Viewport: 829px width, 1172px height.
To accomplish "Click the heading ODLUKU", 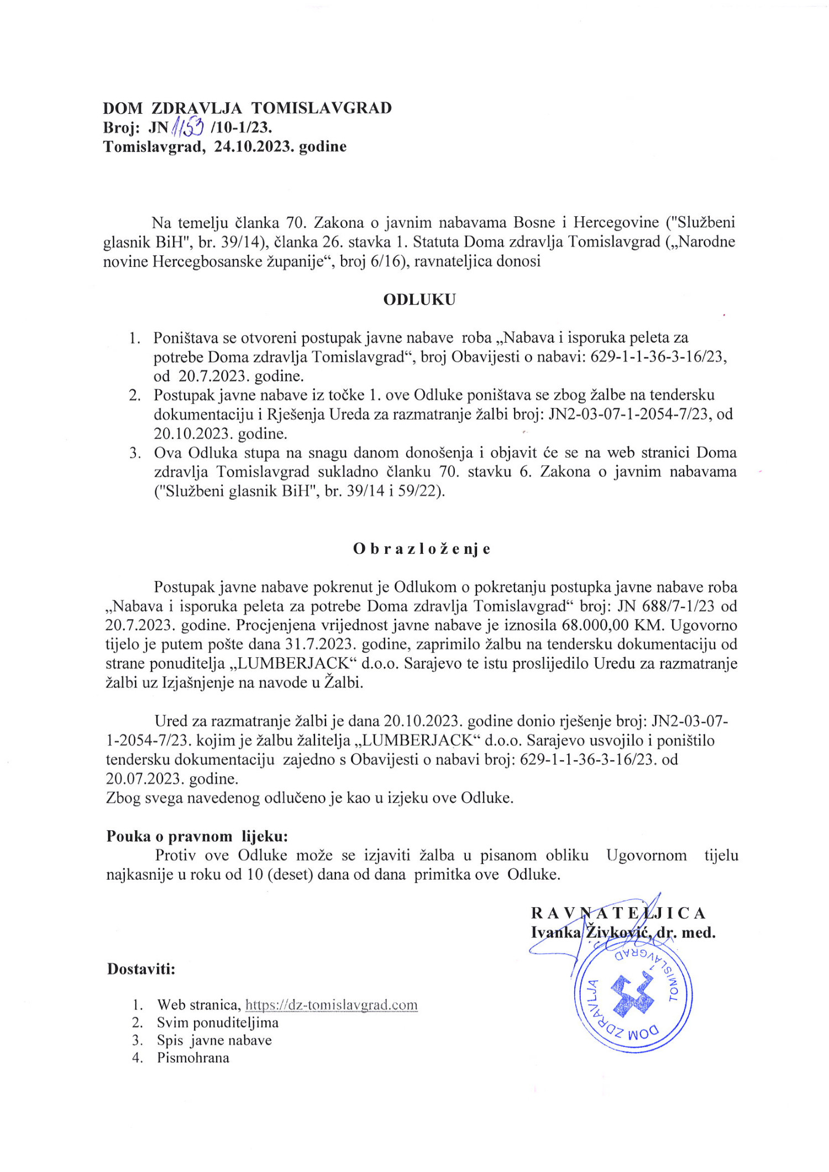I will (419, 300).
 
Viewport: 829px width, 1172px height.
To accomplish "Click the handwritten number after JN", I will (187, 128).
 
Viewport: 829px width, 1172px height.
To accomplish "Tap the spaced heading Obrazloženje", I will (422, 549).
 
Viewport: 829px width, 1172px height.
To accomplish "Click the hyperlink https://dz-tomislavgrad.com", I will (331, 1004).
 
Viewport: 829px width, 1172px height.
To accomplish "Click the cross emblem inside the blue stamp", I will (633, 996).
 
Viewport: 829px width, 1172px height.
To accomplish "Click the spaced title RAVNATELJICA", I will (618, 913).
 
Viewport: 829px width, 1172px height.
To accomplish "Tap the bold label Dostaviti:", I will (141, 969).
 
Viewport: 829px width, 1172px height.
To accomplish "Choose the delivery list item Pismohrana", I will (193, 1058).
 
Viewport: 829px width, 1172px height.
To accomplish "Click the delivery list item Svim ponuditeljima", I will (217, 1022).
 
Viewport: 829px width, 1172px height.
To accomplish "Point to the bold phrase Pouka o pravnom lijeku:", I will (197, 836).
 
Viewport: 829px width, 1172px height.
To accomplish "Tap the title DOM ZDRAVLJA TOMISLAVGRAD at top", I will (247, 108).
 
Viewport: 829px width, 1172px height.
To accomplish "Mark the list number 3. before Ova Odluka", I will (135, 453).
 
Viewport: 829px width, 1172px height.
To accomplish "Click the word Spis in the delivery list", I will (170, 1040).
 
